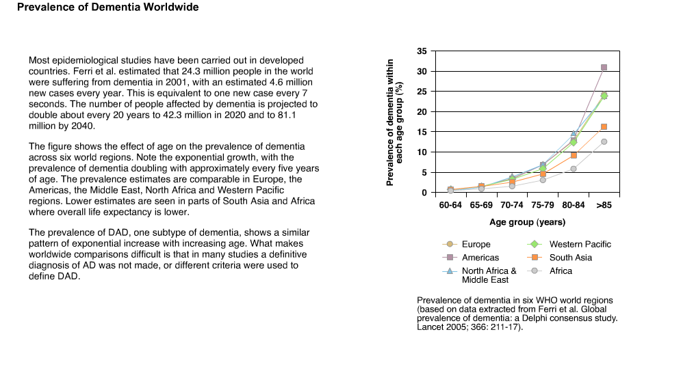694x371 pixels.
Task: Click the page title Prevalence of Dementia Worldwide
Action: tap(108, 7)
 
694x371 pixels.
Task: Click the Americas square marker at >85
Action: tap(604, 68)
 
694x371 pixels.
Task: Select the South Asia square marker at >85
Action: tap(604, 127)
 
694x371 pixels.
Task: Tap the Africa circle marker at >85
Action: tap(604, 142)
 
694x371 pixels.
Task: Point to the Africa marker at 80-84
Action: tap(574, 169)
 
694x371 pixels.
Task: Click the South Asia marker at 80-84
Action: tap(574, 156)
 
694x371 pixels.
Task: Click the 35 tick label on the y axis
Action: tap(422, 51)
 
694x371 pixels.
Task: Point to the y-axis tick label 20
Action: tap(422, 112)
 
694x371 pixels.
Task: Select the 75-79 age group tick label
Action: tap(543, 205)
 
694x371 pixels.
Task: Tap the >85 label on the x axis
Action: tap(604, 205)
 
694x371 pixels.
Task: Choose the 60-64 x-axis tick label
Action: tap(450, 205)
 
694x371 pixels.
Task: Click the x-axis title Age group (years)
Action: tap(527, 222)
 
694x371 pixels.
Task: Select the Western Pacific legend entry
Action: tap(569, 244)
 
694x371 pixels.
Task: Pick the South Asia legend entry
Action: tap(560, 258)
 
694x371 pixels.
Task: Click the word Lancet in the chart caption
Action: tap(430, 327)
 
